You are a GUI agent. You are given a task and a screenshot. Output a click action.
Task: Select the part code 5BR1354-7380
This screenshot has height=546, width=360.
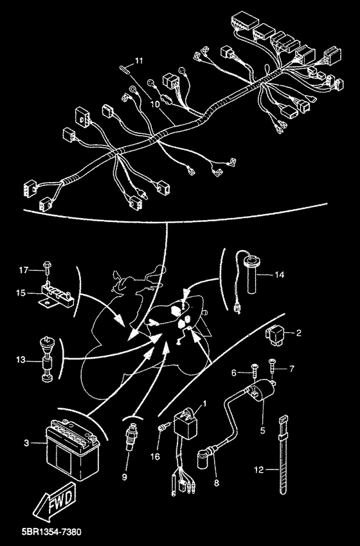click(51, 532)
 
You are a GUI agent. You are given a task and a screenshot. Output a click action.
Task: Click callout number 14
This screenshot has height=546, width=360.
click(279, 275)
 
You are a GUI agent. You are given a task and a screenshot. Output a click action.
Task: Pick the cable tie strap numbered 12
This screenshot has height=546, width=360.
click(283, 455)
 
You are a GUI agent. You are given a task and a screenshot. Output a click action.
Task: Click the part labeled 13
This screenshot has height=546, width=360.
click(46, 358)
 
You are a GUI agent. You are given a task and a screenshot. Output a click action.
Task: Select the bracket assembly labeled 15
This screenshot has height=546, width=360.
click(56, 295)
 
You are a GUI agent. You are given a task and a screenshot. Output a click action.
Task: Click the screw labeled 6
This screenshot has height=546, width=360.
click(255, 371)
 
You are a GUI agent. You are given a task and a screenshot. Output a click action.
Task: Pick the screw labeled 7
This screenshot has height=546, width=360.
click(272, 367)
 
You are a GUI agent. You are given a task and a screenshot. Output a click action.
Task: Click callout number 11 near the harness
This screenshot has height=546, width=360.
click(139, 61)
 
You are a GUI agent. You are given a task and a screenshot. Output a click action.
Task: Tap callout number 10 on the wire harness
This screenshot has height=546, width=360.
click(156, 104)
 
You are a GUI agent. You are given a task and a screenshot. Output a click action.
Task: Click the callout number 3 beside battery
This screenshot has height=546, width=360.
click(27, 443)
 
